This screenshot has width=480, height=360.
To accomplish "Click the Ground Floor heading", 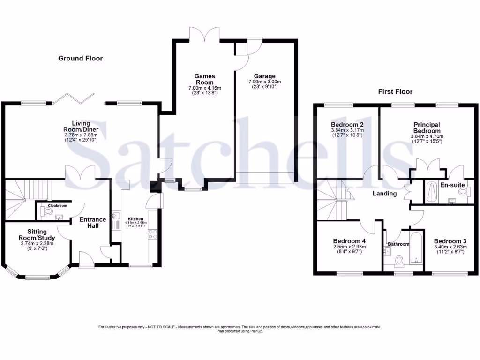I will click(80, 59).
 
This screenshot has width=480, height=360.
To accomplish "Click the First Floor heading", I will click(395, 92).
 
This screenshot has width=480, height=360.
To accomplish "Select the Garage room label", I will click(265, 76).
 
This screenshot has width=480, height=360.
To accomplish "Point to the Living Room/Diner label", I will click(81, 127).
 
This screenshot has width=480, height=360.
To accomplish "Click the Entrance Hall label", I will click(92, 222).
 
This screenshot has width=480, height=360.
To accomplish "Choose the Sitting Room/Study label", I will click(37, 234).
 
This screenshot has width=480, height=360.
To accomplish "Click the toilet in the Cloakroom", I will click(46, 212).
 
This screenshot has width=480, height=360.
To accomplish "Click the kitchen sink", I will click(115, 218).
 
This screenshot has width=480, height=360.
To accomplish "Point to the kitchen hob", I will click(153, 234).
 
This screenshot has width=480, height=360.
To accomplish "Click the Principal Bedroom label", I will click(427, 127).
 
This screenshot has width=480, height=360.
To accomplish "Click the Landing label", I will click(384, 194).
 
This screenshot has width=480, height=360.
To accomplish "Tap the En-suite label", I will click(452, 185).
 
